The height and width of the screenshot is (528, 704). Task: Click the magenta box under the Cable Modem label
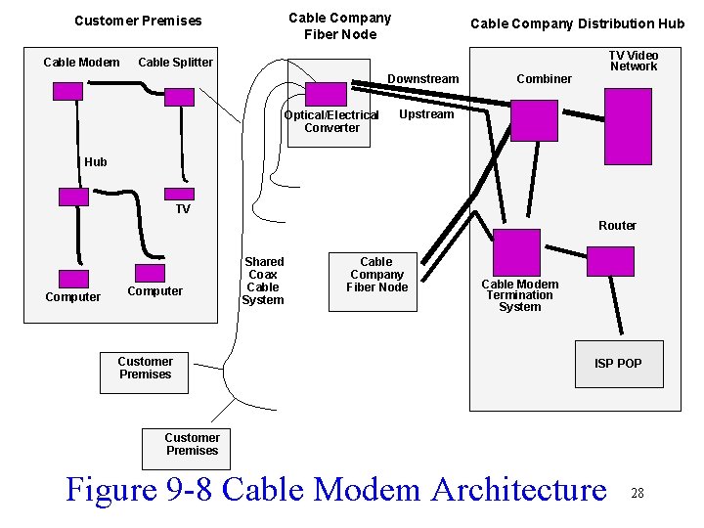tap(67, 91)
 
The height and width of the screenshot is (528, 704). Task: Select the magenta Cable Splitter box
tap(180, 96)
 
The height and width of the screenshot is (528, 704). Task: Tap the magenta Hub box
tap(73, 197)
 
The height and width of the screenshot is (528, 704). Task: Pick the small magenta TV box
tap(179, 196)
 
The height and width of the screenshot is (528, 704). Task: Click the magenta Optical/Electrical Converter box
tap(326, 94)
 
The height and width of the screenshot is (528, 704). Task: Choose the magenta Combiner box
tap(534, 120)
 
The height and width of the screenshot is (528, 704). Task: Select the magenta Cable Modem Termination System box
tap(516, 252)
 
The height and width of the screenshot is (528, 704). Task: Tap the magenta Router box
tap(611, 260)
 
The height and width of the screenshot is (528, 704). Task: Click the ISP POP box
tap(618, 363)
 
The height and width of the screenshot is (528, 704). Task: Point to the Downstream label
tap(423, 78)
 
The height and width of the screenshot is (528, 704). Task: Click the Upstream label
tap(426, 114)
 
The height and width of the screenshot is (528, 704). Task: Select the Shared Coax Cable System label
tap(263, 281)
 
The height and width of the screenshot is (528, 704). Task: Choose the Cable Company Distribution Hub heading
tap(577, 23)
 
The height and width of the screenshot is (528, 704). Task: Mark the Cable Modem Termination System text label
tap(519, 295)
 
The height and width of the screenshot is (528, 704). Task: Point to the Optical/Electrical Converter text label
tap(331, 121)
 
